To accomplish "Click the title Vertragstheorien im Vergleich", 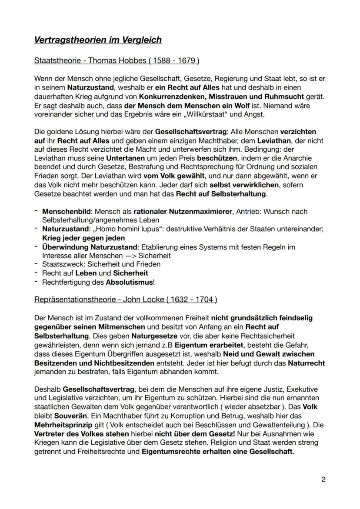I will [x=98, y=40].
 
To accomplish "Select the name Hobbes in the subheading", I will [x=123, y=60].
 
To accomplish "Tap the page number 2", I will [x=323, y=479].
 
